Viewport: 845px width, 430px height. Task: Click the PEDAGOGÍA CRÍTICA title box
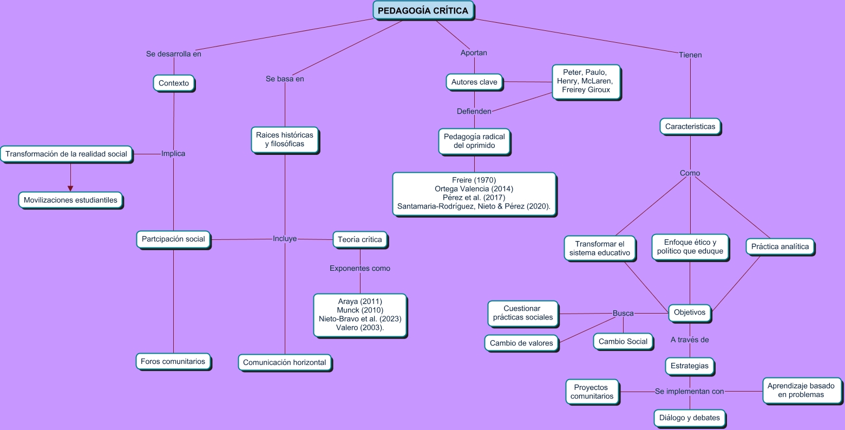(x=423, y=11)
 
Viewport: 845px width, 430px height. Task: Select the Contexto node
(x=174, y=83)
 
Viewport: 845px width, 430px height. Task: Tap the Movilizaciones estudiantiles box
(x=70, y=200)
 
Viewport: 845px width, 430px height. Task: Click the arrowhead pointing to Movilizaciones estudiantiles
(x=70, y=188)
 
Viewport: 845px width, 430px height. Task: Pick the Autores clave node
(x=474, y=82)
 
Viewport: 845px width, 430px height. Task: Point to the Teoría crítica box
(x=360, y=239)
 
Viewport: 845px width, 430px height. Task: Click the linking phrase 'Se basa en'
(x=285, y=79)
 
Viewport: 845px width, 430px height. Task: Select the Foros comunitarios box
(x=173, y=361)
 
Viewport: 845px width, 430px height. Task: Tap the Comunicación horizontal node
(x=285, y=362)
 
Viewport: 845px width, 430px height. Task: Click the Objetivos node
(x=690, y=312)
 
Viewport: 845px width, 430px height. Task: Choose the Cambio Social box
(x=623, y=341)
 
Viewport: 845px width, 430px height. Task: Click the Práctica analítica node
(x=780, y=247)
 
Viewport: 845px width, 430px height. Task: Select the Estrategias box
(x=690, y=366)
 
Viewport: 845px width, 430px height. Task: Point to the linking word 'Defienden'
(x=474, y=112)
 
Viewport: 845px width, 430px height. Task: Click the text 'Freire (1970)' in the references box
(x=474, y=180)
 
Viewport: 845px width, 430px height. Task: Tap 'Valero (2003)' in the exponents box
(x=360, y=328)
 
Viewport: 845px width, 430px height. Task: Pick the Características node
(x=690, y=127)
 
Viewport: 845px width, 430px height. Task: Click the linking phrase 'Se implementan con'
(x=689, y=391)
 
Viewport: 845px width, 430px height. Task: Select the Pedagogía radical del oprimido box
(x=474, y=141)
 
